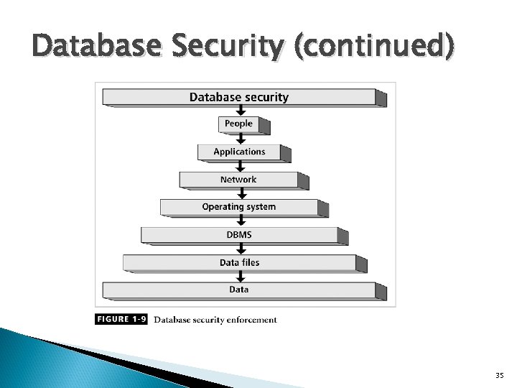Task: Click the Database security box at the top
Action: tap(239, 97)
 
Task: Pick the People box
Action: tap(238, 124)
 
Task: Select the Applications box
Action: tap(239, 152)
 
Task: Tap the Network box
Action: tap(239, 180)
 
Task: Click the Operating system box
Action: tap(239, 207)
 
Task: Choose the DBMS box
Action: tap(239, 235)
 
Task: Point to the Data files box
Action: tap(239, 262)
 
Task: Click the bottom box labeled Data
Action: tap(239, 290)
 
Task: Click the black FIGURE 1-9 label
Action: tap(121, 320)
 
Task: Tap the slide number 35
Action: tap(500, 375)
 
